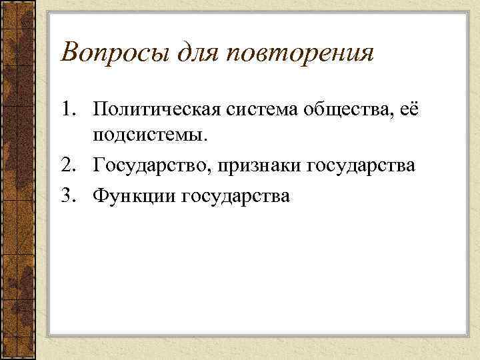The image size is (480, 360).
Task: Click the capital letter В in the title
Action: click(69, 51)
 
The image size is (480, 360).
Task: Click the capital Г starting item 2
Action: click(99, 165)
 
